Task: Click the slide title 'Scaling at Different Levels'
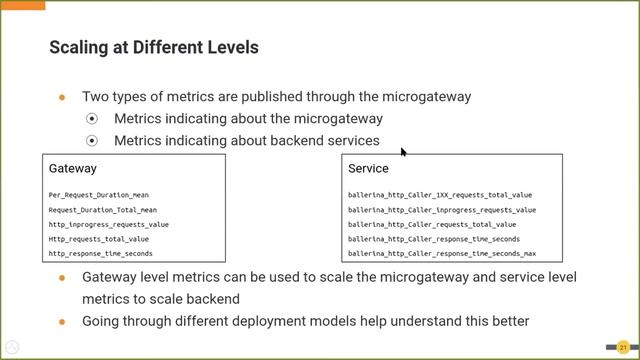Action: click(x=153, y=47)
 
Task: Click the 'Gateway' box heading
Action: click(x=72, y=169)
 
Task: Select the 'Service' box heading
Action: click(x=368, y=169)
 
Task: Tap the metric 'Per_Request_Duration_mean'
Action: click(x=98, y=195)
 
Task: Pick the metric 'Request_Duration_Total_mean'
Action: click(x=102, y=210)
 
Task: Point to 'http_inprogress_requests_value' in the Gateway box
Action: click(x=108, y=225)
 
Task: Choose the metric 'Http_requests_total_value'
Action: click(x=98, y=239)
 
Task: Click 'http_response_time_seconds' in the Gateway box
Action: click(x=100, y=254)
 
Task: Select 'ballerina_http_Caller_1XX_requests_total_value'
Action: click(x=440, y=195)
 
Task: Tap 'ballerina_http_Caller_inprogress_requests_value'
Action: click(x=442, y=210)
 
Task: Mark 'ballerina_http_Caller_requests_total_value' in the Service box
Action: click(x=432, y=225)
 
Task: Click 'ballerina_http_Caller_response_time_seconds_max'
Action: click(x=442, y=254)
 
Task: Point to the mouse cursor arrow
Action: click(x=403, y=152)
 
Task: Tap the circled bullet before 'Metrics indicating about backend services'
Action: click(x=93, y=141)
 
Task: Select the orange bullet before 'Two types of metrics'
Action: click(x=62, y=97)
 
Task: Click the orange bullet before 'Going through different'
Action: click(x=62, y=321)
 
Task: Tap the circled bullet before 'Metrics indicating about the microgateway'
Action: click(x=93, y=119)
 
